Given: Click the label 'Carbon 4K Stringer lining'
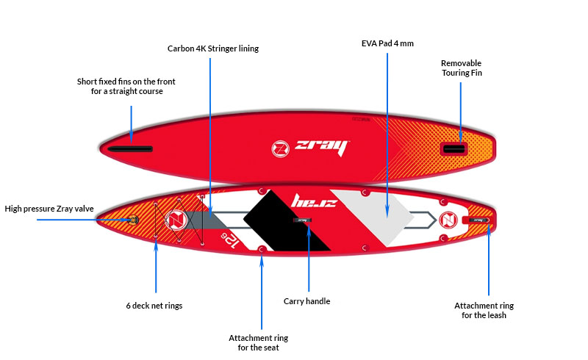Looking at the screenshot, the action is coord(213,48).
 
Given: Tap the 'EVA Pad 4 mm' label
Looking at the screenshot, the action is coord(387,43).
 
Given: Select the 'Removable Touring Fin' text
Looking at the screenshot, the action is coord(462,68).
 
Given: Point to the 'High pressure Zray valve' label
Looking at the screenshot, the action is coord(49,209).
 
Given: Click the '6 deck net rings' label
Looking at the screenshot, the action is coord(154,306).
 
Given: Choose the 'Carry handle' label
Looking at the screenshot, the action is coord(306,301).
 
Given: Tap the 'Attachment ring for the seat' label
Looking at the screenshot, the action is coord(259,343).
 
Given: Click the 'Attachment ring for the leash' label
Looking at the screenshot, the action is coord(484,311).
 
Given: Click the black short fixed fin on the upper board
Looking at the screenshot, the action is coord(130,149).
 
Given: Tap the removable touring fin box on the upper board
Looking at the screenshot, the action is coord(453,149).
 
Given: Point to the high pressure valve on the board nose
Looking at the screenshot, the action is coord(133,220).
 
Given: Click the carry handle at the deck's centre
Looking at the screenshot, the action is coord(302,220).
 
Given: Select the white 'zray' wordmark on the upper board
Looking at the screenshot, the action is coord(322,148).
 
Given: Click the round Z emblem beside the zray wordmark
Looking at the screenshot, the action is coord(280,149).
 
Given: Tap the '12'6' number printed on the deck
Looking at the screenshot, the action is coord(230,240).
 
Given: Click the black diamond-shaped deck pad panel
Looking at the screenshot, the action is coord(287,220).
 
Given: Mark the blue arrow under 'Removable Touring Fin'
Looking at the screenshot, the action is coord(461,113).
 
